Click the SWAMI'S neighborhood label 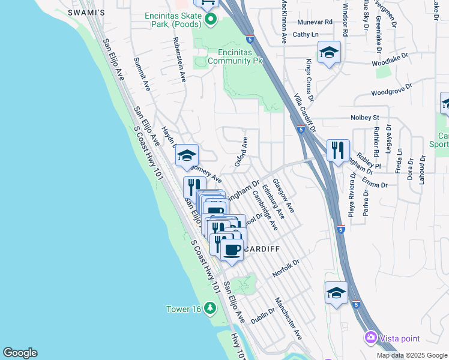pos(87,12)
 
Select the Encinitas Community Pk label pos(235,56)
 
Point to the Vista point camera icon pos(371,338)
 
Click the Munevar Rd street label pos(315,22)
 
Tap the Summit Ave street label pos(142,74)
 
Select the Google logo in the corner pos(20,353)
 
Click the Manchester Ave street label pos(288,318)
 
